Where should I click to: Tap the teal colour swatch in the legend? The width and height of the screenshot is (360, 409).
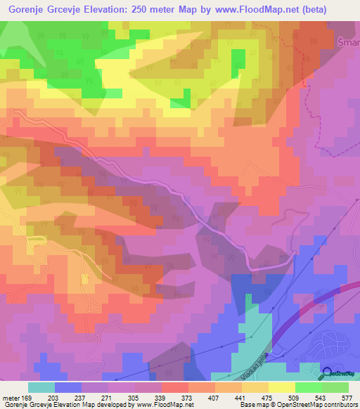coord(41,387)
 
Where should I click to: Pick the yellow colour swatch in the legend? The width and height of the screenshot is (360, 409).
coord(281,387)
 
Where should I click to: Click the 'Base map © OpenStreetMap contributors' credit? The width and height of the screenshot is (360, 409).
coord(297,405)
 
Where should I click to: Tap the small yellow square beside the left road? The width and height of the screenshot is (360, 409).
coord(86,280)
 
